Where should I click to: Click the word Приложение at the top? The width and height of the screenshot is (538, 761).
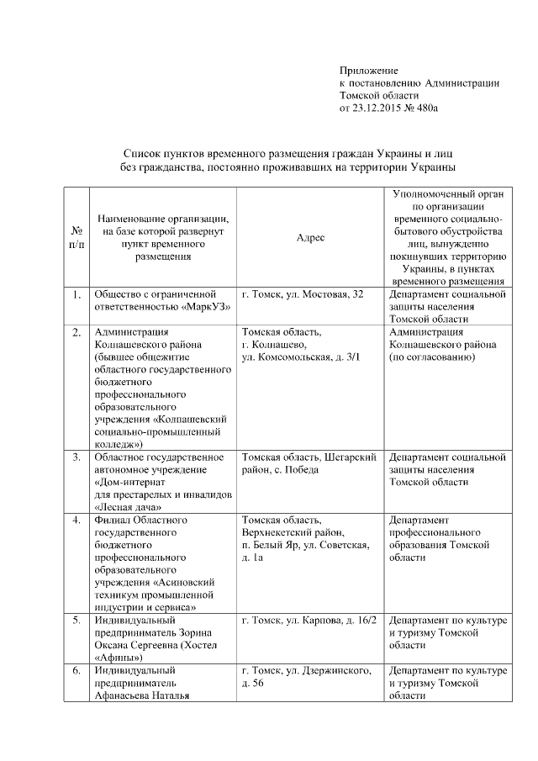tap(368, 70)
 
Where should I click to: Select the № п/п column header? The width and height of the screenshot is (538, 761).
tap(76, 237)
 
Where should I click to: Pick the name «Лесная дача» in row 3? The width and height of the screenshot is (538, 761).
tap(127, 507)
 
